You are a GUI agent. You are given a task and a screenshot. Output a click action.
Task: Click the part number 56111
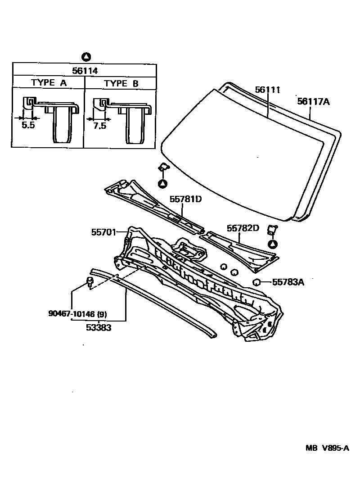(x=267, y=90)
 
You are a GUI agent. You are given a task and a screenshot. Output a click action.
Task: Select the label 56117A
(x=313, y=102)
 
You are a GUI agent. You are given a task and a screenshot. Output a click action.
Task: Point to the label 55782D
(x=243, y=228)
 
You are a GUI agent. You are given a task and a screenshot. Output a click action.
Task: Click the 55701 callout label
(x=103, y=232)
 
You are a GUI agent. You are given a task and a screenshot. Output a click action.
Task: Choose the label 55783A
(x=288, y=282)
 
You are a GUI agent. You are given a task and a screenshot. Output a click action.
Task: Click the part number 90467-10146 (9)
(x=77, y=313)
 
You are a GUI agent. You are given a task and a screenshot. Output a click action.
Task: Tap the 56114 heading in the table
(x=85, y=70)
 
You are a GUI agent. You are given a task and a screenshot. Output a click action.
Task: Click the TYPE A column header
(x=49, y=83)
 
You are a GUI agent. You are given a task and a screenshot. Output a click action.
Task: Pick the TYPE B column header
(x=121, y=83)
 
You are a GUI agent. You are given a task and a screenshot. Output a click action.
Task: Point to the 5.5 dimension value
(x=28, y=125)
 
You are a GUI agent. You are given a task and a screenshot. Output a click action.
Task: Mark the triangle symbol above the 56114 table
(x=86, y=57)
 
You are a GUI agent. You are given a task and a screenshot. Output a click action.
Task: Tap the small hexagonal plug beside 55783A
(x=257, y=282)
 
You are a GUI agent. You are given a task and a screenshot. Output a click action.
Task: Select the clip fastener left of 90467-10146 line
(x=90, y=283)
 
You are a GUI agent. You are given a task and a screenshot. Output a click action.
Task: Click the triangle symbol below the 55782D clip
(x=273, y=245)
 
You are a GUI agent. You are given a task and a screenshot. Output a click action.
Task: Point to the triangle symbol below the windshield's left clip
(x=162, y=183)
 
